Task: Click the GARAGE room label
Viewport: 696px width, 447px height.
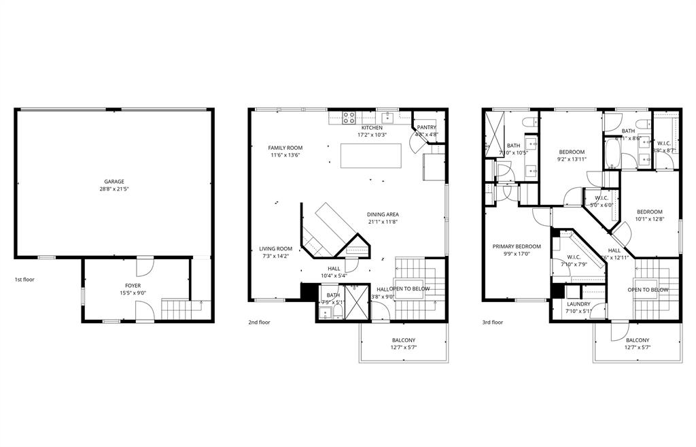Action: point(114,182)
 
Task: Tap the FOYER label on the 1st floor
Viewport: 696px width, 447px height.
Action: point(133,286)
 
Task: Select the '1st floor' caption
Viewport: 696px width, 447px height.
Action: point(24,280)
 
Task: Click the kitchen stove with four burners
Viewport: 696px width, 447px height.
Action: point(349,116)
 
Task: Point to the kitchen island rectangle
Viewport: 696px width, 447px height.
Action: point(371,156)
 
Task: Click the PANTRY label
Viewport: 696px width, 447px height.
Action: point(427,127)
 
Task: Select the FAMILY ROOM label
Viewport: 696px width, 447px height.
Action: point(285,148)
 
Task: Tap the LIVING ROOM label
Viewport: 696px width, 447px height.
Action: point(277,249)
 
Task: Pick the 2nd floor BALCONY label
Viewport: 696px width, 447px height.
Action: point(404,340)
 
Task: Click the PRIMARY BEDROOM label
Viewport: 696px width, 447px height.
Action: point(517,246)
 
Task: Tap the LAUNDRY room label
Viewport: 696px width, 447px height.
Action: point(578,304)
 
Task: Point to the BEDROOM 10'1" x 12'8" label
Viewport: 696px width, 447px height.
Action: point(648,212)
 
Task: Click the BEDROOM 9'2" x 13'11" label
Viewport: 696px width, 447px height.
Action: point(572,152)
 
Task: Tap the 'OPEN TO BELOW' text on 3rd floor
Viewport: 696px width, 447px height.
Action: point(648,290)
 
